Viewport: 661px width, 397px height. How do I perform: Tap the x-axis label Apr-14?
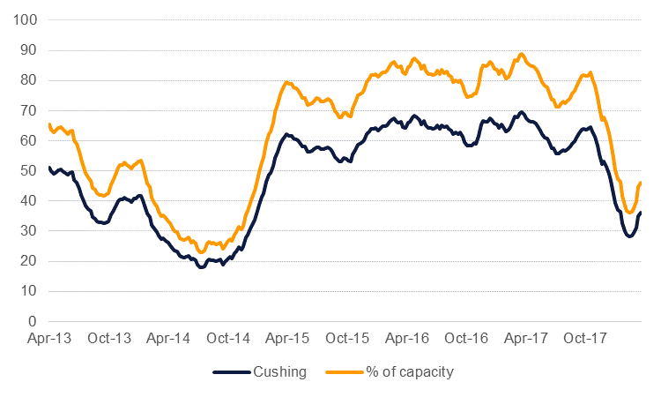[x=170, y=338]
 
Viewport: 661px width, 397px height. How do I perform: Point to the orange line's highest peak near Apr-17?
[x=522, y=54]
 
